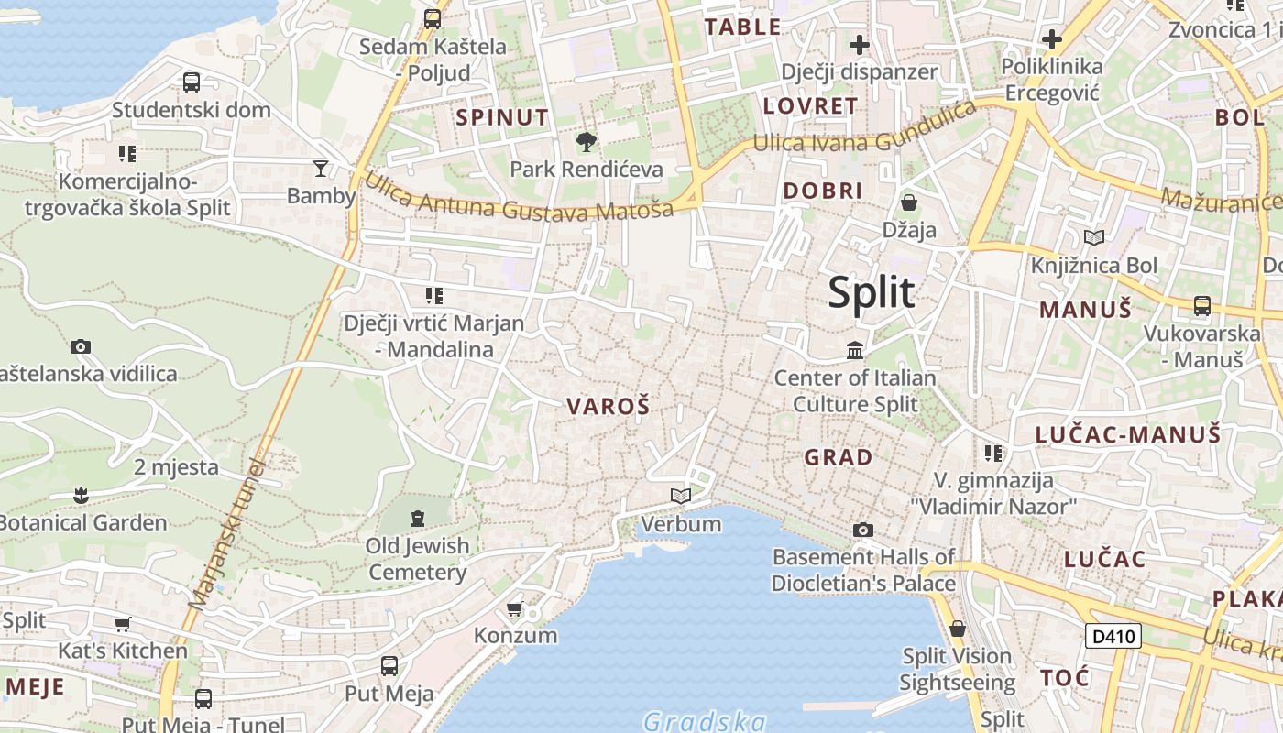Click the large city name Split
pos(871,292)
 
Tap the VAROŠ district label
pos(608,406)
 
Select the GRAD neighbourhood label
pos(838,456)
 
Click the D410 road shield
pos(1113,635)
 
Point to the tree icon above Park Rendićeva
pos(586,142)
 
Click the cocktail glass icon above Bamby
pos(321,168)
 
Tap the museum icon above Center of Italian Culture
pos(855,350)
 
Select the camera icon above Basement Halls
pos(862,530)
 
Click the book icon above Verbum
pos(680,496)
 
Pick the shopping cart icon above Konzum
pos(515,608)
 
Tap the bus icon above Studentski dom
pos(192,82)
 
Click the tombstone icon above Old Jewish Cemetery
pos(418,519)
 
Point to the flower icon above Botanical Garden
pos(82,496)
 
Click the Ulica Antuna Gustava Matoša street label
pos(519,197)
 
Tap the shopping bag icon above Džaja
pos(909,202)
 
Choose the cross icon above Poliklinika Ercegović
pos(1052,39)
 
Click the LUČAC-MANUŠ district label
pos(1128,434)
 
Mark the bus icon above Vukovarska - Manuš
pos(1201,306)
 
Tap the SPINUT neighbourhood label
pos(502,117)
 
